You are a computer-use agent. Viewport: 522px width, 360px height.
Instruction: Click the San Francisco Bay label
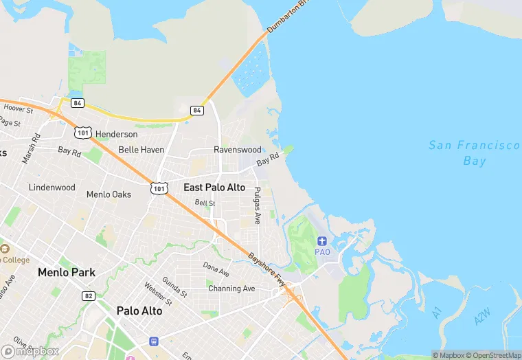(x=475, y=153)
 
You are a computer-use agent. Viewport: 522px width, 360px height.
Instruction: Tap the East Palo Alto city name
(x=214, y=187)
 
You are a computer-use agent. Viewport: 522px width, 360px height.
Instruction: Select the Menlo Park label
(x=66, y=272)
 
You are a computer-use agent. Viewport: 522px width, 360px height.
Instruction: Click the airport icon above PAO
(x=322, y=240)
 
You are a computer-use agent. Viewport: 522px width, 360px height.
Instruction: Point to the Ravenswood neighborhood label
(x=238, y=149)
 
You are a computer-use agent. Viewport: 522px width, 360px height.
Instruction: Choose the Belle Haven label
(x=141, y=149)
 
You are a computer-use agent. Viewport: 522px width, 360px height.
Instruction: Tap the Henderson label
(x=116, y=134)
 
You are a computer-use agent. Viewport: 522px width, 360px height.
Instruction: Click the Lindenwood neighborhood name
(x=52, y=188)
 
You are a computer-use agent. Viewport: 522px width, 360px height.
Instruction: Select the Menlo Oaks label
(x=109, y=194)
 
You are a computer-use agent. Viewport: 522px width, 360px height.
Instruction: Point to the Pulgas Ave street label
(x=258, y=205)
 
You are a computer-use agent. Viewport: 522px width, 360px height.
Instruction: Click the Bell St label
(x=205, y=203)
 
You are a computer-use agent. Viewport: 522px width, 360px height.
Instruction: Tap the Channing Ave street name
(x=231, y=289)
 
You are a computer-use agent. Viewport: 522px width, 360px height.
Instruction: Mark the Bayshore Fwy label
(x=266, y=269)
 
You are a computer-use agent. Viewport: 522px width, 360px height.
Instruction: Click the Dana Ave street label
(x=216, y=267)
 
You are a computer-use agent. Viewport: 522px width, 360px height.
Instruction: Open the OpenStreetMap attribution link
(x=493, y=355)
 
